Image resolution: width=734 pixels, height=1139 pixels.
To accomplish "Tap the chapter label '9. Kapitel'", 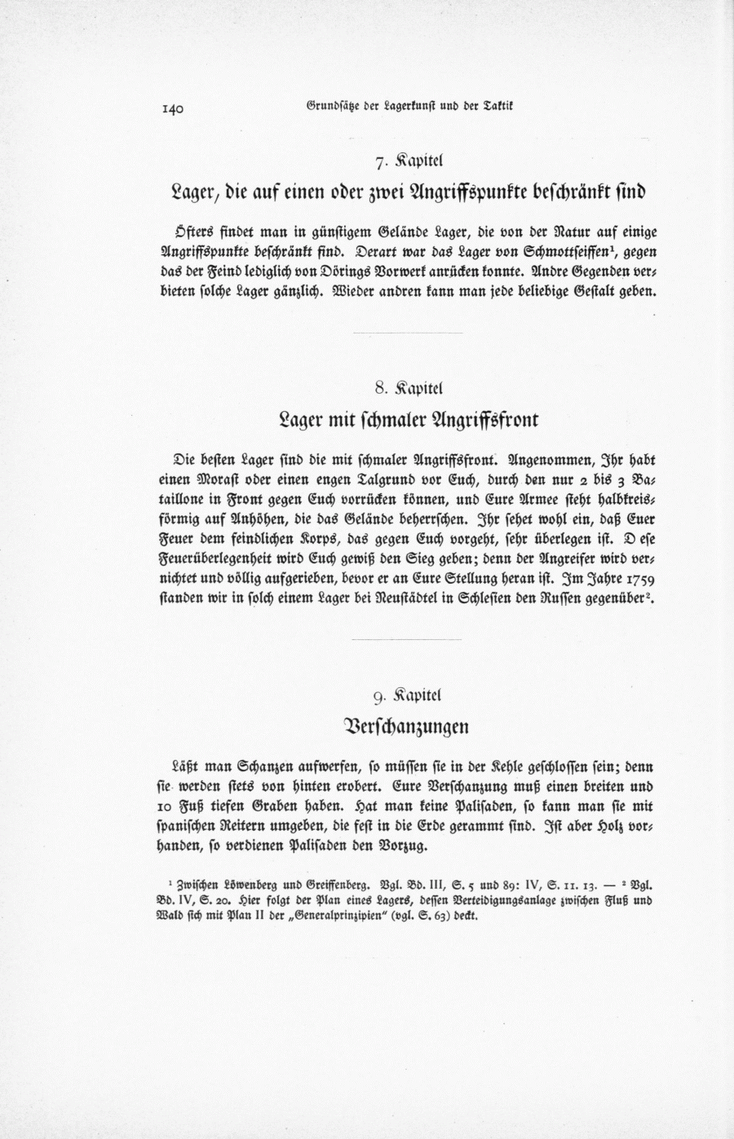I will click(407, 696).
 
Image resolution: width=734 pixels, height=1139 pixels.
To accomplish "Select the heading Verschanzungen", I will click(408, 726).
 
